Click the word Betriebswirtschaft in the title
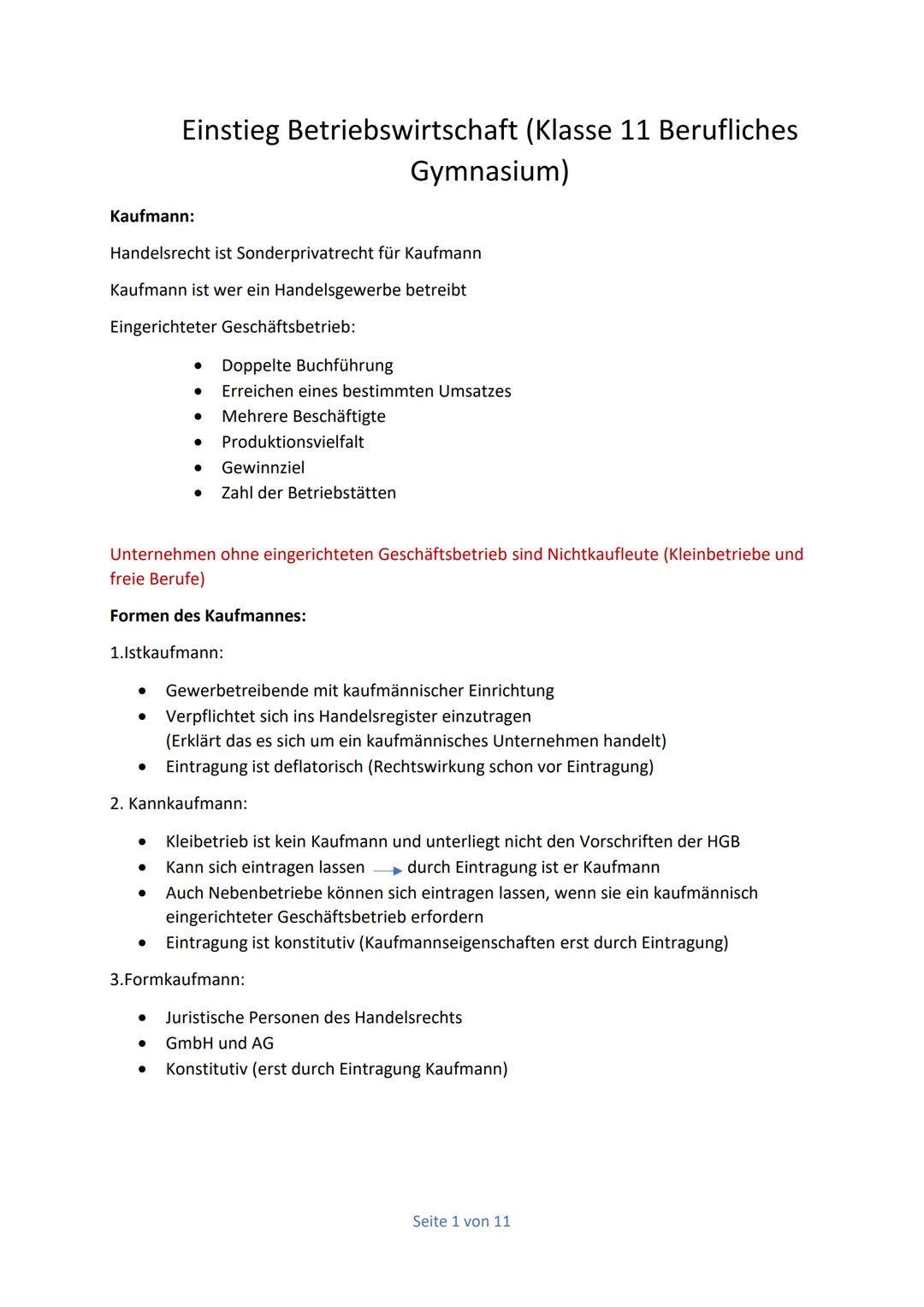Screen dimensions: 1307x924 [402, 130]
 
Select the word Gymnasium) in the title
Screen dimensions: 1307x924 [489, 171]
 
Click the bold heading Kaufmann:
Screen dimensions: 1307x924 [152, 217]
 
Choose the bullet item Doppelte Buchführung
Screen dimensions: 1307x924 [307, 365]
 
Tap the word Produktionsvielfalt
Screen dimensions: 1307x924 [293, 442]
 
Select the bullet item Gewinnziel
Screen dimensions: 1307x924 [263, 467]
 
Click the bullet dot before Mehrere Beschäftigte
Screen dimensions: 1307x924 [198, 417]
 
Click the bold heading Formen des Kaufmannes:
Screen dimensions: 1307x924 [208, 616]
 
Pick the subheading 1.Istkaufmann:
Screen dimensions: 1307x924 [167, 653]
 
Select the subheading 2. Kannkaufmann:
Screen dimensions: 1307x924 [179, 804]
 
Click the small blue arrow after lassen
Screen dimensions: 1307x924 [388, 870]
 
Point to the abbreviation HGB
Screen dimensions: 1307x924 [723, 841]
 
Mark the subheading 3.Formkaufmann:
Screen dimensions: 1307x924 [177, 979]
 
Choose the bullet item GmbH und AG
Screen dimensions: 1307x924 [220, 1043]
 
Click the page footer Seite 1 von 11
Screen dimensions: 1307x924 [461, 1221]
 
